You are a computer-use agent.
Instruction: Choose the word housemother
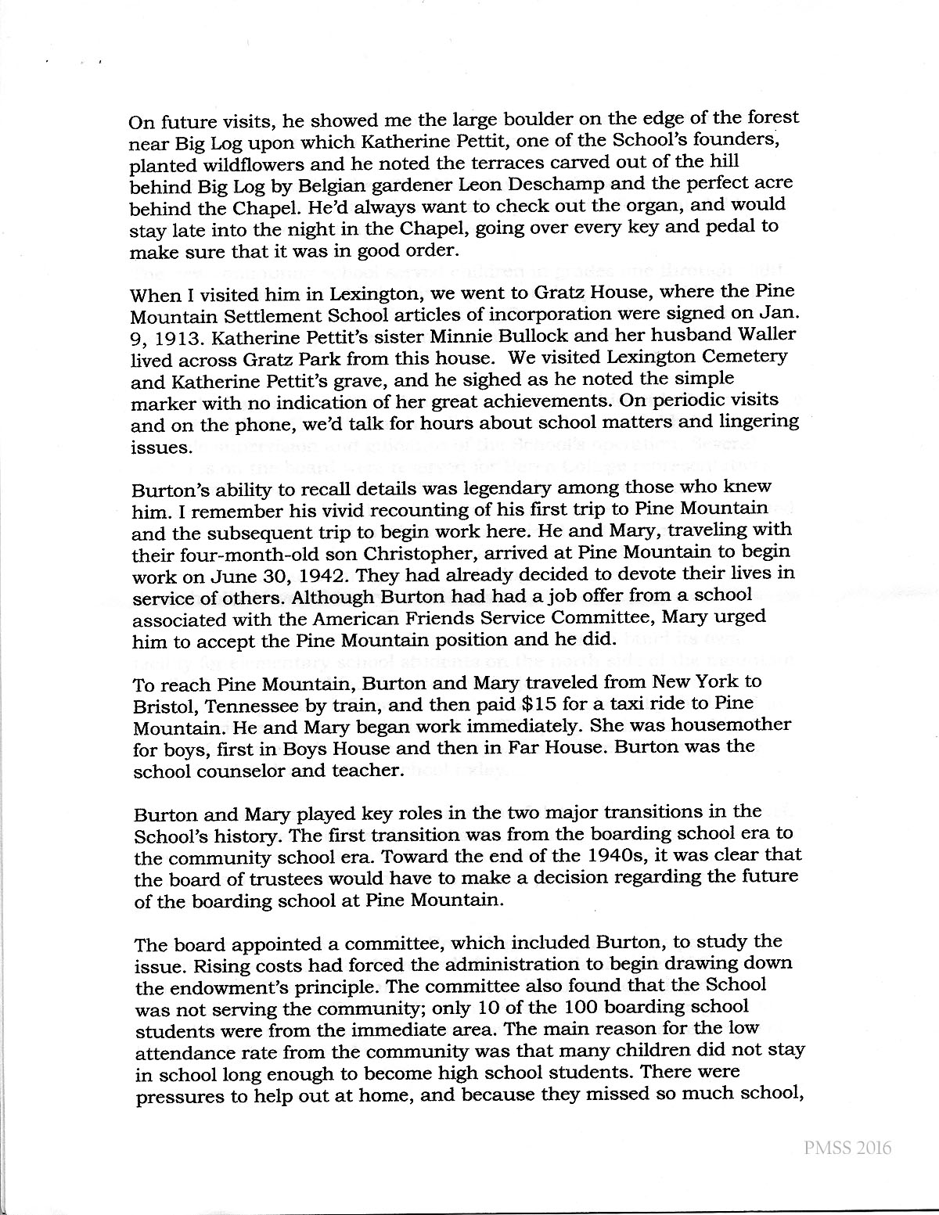pos(723,724)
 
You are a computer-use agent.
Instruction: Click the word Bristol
pos(163,703)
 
